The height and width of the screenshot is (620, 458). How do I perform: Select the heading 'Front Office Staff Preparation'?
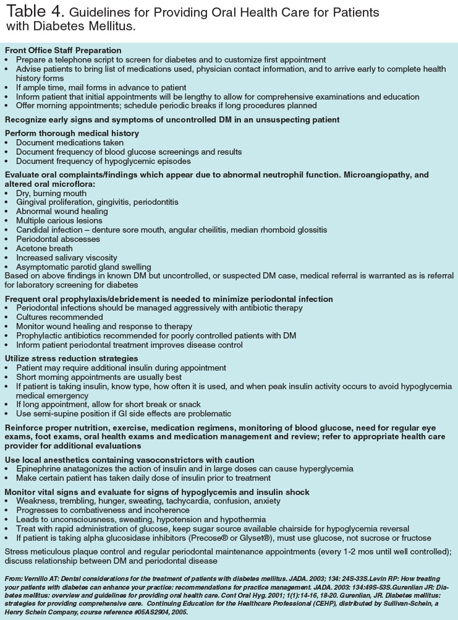[x=63, y=50]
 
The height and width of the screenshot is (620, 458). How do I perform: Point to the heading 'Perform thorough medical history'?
[x=72, y=133]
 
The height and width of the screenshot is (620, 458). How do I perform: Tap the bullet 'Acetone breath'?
[x=45, y=248]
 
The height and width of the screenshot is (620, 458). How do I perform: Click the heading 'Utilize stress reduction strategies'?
[x=72, y=358]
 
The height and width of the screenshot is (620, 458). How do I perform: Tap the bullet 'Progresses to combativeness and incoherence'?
[x=103, y=510]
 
